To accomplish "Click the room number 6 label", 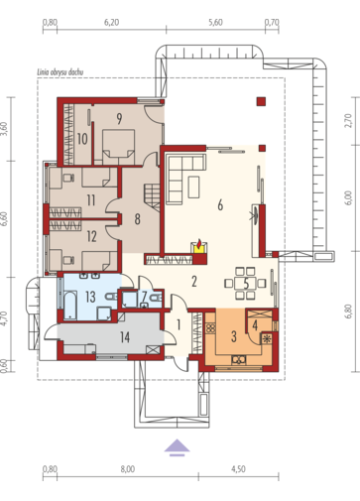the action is click(220, 205).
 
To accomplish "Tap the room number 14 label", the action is click(125, 337).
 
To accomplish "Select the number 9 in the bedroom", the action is click(119, 118).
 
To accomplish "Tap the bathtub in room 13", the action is click(70, 305).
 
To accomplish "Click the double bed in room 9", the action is click(118, 147).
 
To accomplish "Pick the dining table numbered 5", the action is click(246, 284).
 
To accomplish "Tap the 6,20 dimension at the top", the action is click(112, 23).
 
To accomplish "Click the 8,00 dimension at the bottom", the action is click(128, 469).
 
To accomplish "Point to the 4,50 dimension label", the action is click(238, 469).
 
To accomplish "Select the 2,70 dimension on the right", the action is click(348, 121).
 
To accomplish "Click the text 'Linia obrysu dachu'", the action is click(60, 72).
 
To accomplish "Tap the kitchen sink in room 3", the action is click(239, 359).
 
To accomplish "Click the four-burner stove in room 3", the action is click(210, 328).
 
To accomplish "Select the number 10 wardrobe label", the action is click(82, 139).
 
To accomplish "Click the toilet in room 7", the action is click(156, 299).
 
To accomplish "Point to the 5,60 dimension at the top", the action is click(215, 23).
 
